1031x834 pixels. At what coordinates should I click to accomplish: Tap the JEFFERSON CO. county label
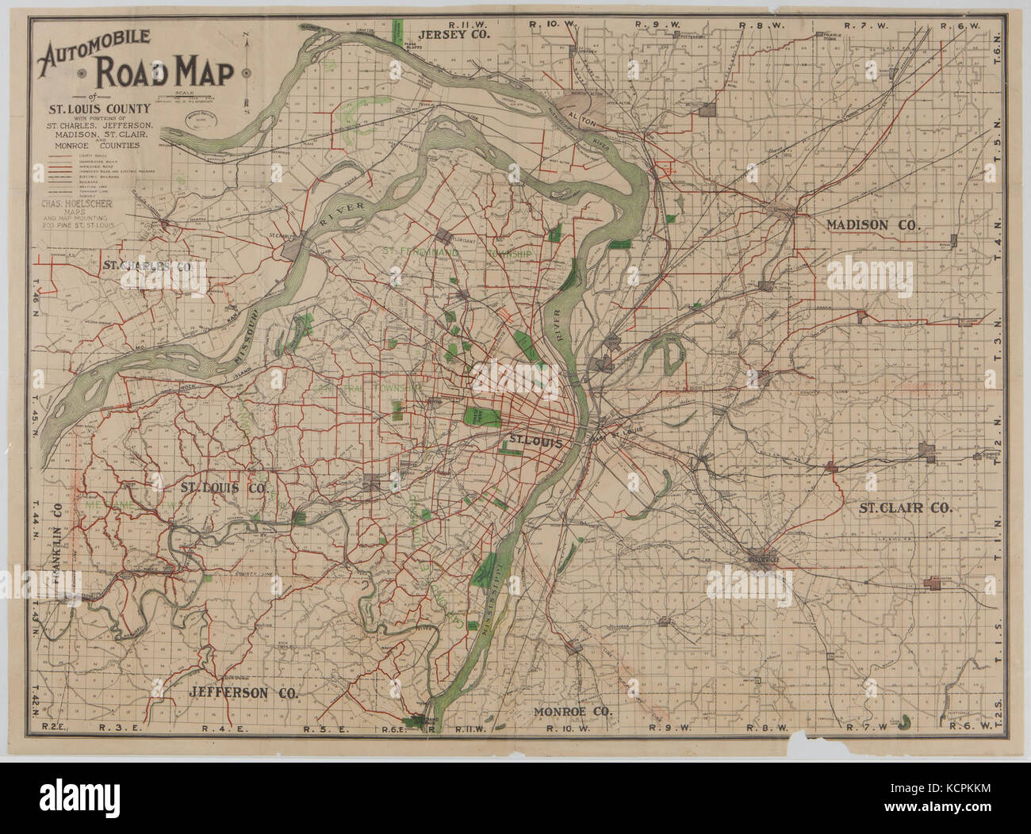tap(243, 692)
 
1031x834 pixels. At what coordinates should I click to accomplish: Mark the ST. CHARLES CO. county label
tap(148, 266)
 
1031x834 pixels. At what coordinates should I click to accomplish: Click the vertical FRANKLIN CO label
tap(57, 539)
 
